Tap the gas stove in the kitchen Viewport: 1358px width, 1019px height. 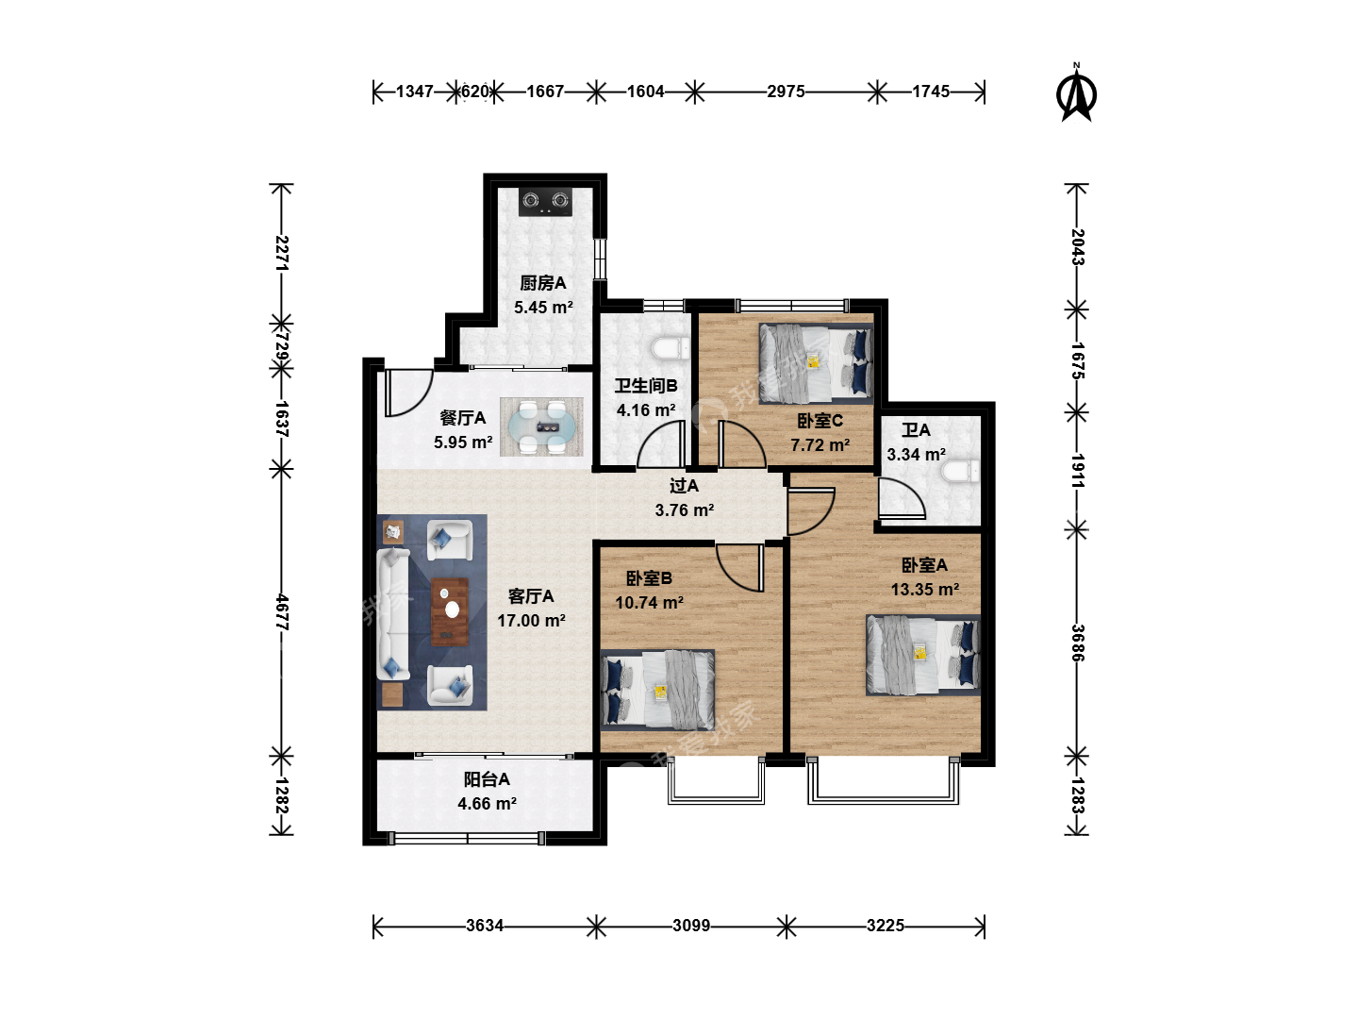point(544,202)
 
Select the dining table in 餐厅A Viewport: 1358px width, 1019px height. point(542,426)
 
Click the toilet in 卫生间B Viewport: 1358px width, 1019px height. point(671,348)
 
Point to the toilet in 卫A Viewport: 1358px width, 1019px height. point(961,471)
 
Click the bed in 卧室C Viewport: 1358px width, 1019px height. point(816,363)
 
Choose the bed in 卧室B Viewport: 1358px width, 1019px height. point(657,690)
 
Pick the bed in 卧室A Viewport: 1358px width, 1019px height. point(923,655)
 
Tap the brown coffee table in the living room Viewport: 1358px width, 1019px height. point(450,612)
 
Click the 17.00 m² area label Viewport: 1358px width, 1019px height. point(532,621)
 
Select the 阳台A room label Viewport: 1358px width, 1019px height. point(487,779)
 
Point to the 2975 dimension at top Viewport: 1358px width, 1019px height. point(786,92)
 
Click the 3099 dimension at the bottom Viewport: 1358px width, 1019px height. point(691,926)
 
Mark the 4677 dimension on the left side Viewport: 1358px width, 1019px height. point(281,612)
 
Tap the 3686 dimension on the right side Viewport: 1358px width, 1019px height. point(1077,643)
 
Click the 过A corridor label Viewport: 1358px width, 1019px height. point(685,486)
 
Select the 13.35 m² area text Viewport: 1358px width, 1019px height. point(925,589)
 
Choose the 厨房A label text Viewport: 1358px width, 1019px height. point(542,283)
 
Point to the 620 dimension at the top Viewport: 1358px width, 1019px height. point(474,92)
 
